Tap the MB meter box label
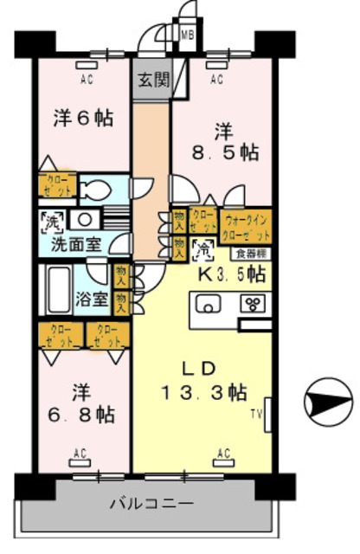pyautogui.click(x=187, y=35)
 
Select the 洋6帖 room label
pyautogui.click(x=84, y=118)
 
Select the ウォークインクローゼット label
pyautogui.click(x=247, y=226)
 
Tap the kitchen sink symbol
pyautogui.click(x=209, y=305)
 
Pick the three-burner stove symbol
pyautogui.click(x=255, y=304)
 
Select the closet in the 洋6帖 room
pyautogui.click(x=58, y=185)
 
